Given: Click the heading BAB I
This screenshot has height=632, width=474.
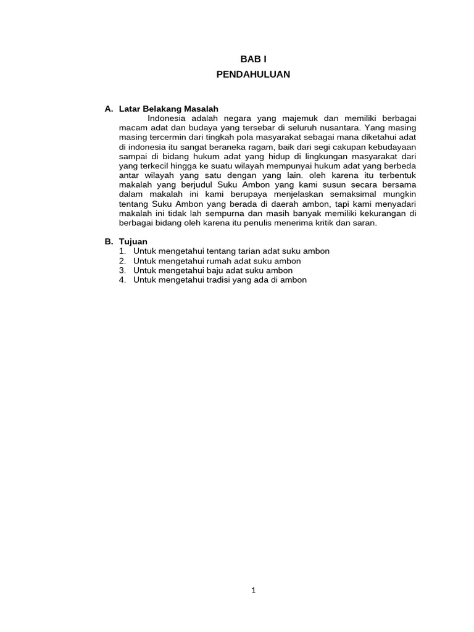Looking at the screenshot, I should tap(253, 59).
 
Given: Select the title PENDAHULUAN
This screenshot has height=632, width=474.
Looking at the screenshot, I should tap(253, 74).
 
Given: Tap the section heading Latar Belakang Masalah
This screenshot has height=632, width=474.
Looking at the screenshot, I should tap(168, 109).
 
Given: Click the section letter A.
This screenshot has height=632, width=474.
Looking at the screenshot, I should tap(109, 109).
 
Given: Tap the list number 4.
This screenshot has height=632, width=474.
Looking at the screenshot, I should tap(122, 280).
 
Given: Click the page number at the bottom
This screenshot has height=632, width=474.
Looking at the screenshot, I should tap(253, 590).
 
